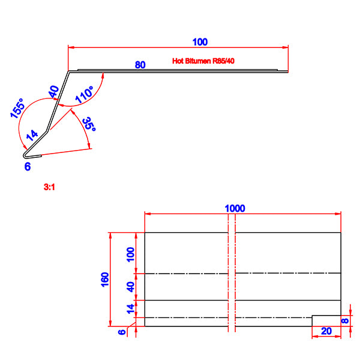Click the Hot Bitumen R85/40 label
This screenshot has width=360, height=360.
tap(203, 61)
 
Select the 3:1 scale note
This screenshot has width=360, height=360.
tap(49, 187)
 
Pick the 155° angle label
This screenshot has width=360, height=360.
tap(17, 111)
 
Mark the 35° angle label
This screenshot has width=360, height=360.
tap(89, 125)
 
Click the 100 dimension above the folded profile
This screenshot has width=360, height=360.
tap(200, 42)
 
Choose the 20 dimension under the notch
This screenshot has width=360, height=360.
tap(326, 331)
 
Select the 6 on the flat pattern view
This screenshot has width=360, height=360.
tap(122, 331)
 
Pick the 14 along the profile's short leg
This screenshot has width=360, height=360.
tap(32, 135)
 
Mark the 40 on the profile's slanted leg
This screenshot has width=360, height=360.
tap(53, 92)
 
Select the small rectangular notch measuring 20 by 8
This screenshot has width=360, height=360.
tap(326, 320)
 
